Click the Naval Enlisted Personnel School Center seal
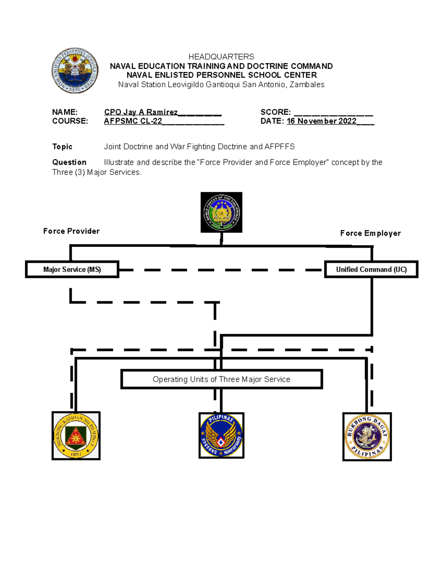[x=75, y=70]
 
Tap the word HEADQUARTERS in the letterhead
[x=221, y=57]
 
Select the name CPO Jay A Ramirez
[x=141, y=112]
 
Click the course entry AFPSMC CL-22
[x=133, y=121]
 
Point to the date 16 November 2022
[x=321, y=121]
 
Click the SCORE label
[x=275, y=112]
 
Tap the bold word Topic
[x=62, y=147]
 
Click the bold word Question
[x=69, y=162]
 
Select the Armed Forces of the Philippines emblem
[x=221, y=213]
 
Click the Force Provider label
[x=71, y=231]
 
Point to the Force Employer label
[x=370, y=233]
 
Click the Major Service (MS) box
[x=72, y=269]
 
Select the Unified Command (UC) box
[x=371, y=269]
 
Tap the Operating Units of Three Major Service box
[x=221, y=379]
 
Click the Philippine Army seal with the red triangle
[x=76, y=435]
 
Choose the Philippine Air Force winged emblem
[x=221, y=435]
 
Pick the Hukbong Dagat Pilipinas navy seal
[x=367, y=437]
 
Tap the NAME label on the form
[x=65, y=112]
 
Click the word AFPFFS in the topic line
[x=279, y=147]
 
